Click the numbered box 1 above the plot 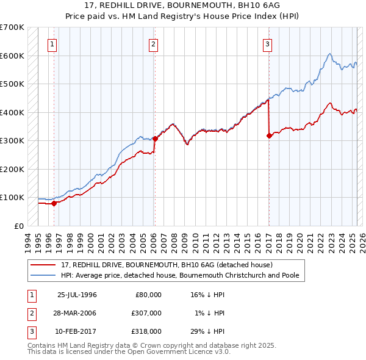tap(53, 43)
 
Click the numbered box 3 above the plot tap(268, 43)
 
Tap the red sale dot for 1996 tap(54, 203)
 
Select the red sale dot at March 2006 tap(155, 139)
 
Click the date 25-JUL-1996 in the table tap(77, 295)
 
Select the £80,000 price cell tap(148, 295)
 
